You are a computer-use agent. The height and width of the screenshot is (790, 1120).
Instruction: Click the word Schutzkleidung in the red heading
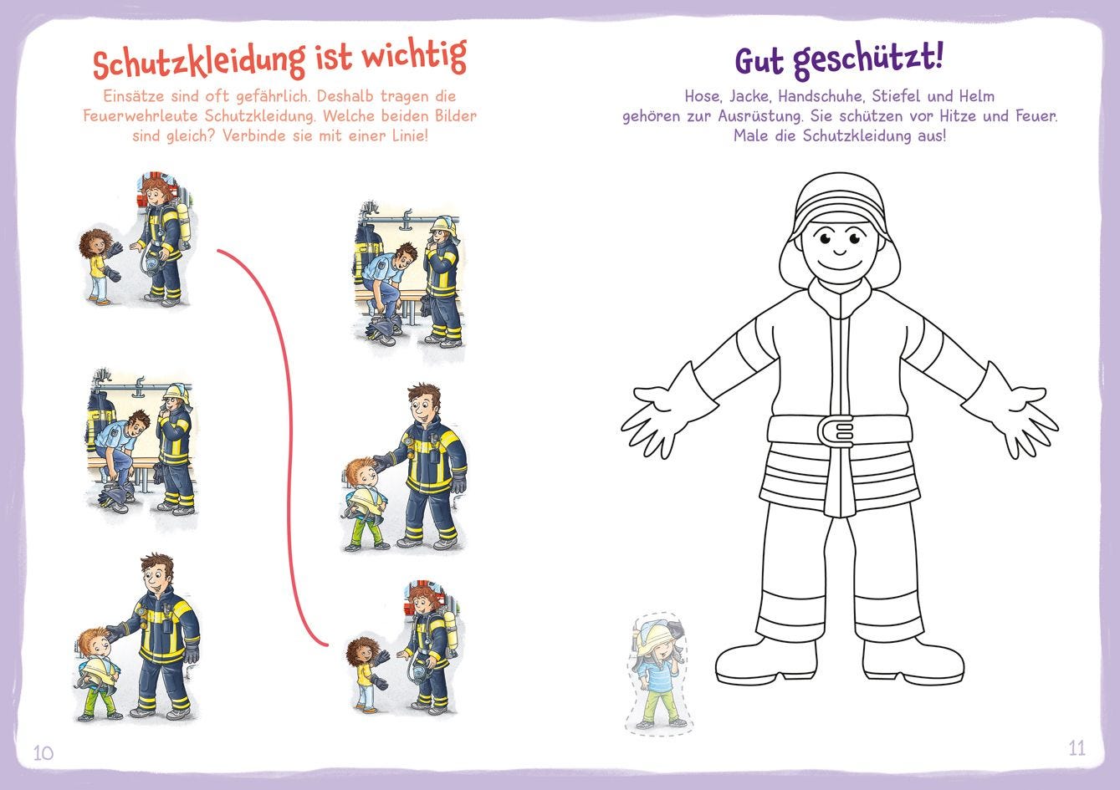[x=199, y=62]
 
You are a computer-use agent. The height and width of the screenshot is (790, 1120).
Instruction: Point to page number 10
[x=43, y=753]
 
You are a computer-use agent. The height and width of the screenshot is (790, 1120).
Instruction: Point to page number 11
[x=1077, y=748]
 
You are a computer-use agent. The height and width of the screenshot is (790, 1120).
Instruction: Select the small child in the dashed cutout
[x=658, y=673]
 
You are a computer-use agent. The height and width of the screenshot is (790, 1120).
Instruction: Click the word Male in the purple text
[x=751, y=136]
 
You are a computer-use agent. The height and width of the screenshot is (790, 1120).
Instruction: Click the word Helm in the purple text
[x=978, y=96]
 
